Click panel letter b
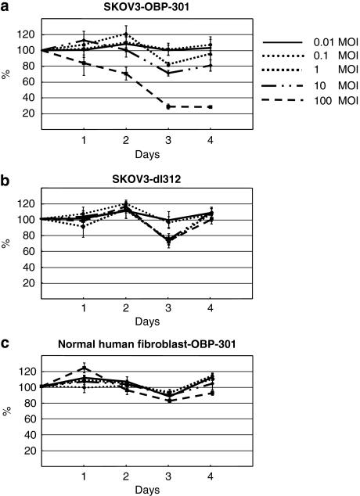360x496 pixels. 5,178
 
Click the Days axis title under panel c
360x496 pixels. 128,490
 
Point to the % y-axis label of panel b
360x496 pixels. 8,244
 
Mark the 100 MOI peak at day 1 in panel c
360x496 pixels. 85,368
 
